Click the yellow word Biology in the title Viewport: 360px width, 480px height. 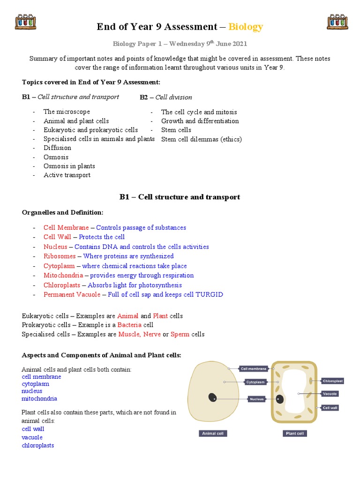[246, 27]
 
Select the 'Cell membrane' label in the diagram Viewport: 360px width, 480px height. [254, 369]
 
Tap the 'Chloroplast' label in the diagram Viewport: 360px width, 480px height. [333, 381]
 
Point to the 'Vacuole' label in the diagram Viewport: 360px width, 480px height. [330, 394]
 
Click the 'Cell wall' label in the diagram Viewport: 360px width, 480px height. [330, 408]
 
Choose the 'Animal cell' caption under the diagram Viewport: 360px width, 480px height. [213, 434]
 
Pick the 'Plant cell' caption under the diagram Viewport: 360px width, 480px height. [295, 434]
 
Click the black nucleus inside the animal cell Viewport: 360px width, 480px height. [212, 397]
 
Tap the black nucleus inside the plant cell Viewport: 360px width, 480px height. [280, 399]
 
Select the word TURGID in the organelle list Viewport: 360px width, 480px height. [210, 295]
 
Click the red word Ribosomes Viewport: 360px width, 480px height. [60, 256]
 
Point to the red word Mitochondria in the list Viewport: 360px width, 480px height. [63, 276]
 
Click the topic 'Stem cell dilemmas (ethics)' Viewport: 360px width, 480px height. [202, 139]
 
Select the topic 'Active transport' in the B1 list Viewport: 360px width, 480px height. [67, 175]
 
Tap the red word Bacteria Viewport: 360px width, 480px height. [129, 325]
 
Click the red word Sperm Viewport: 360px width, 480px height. [180, 335]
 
